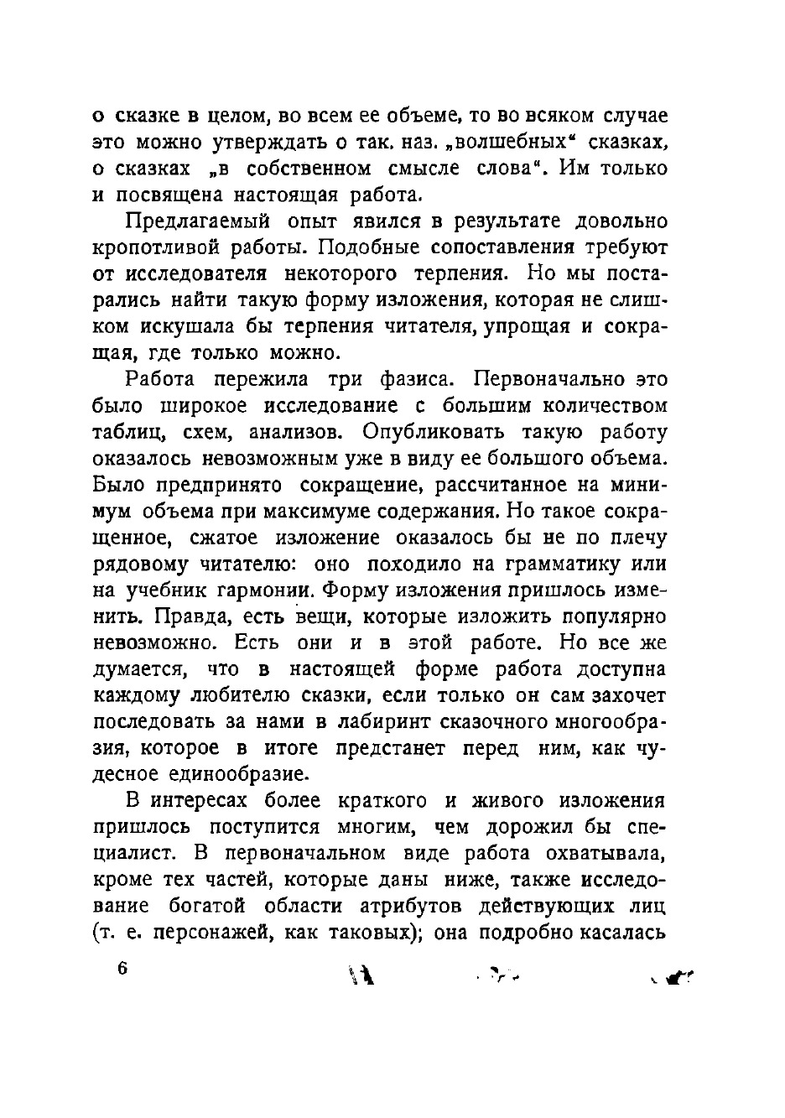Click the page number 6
(122, 968)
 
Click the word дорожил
(528, 827)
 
